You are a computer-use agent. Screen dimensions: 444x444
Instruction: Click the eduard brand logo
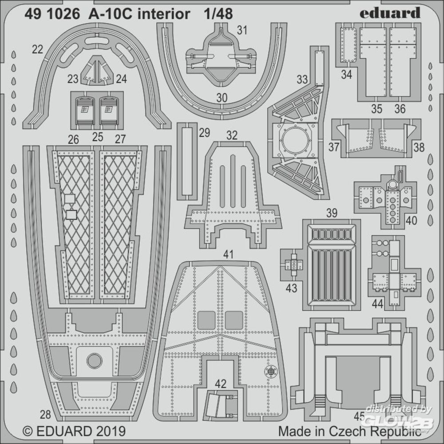pos(390,13)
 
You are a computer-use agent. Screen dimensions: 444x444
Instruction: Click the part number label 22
pos(37,50)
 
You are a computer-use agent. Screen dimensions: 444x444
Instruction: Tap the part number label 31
pos(242,30)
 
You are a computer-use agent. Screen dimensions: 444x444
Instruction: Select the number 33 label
pos(302,79)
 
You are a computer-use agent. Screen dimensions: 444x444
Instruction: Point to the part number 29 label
pos(204,133)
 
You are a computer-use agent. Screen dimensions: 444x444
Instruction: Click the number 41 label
pos(228,254)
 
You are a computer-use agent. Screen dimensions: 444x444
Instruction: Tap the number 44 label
pos(377,304)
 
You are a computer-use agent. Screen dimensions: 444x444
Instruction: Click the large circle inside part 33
pos(295,140)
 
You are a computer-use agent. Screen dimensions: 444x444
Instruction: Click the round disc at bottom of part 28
pos(94,361)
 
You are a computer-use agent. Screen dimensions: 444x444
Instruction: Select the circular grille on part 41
pos(271,371)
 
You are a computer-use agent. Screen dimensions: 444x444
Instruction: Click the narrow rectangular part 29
pos(187,161)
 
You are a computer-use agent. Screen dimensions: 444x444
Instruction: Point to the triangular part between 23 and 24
pos(97,70)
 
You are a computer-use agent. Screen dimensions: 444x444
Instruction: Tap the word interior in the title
pos(164,14)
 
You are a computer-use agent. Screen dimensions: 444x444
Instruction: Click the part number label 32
pos(232,135)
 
